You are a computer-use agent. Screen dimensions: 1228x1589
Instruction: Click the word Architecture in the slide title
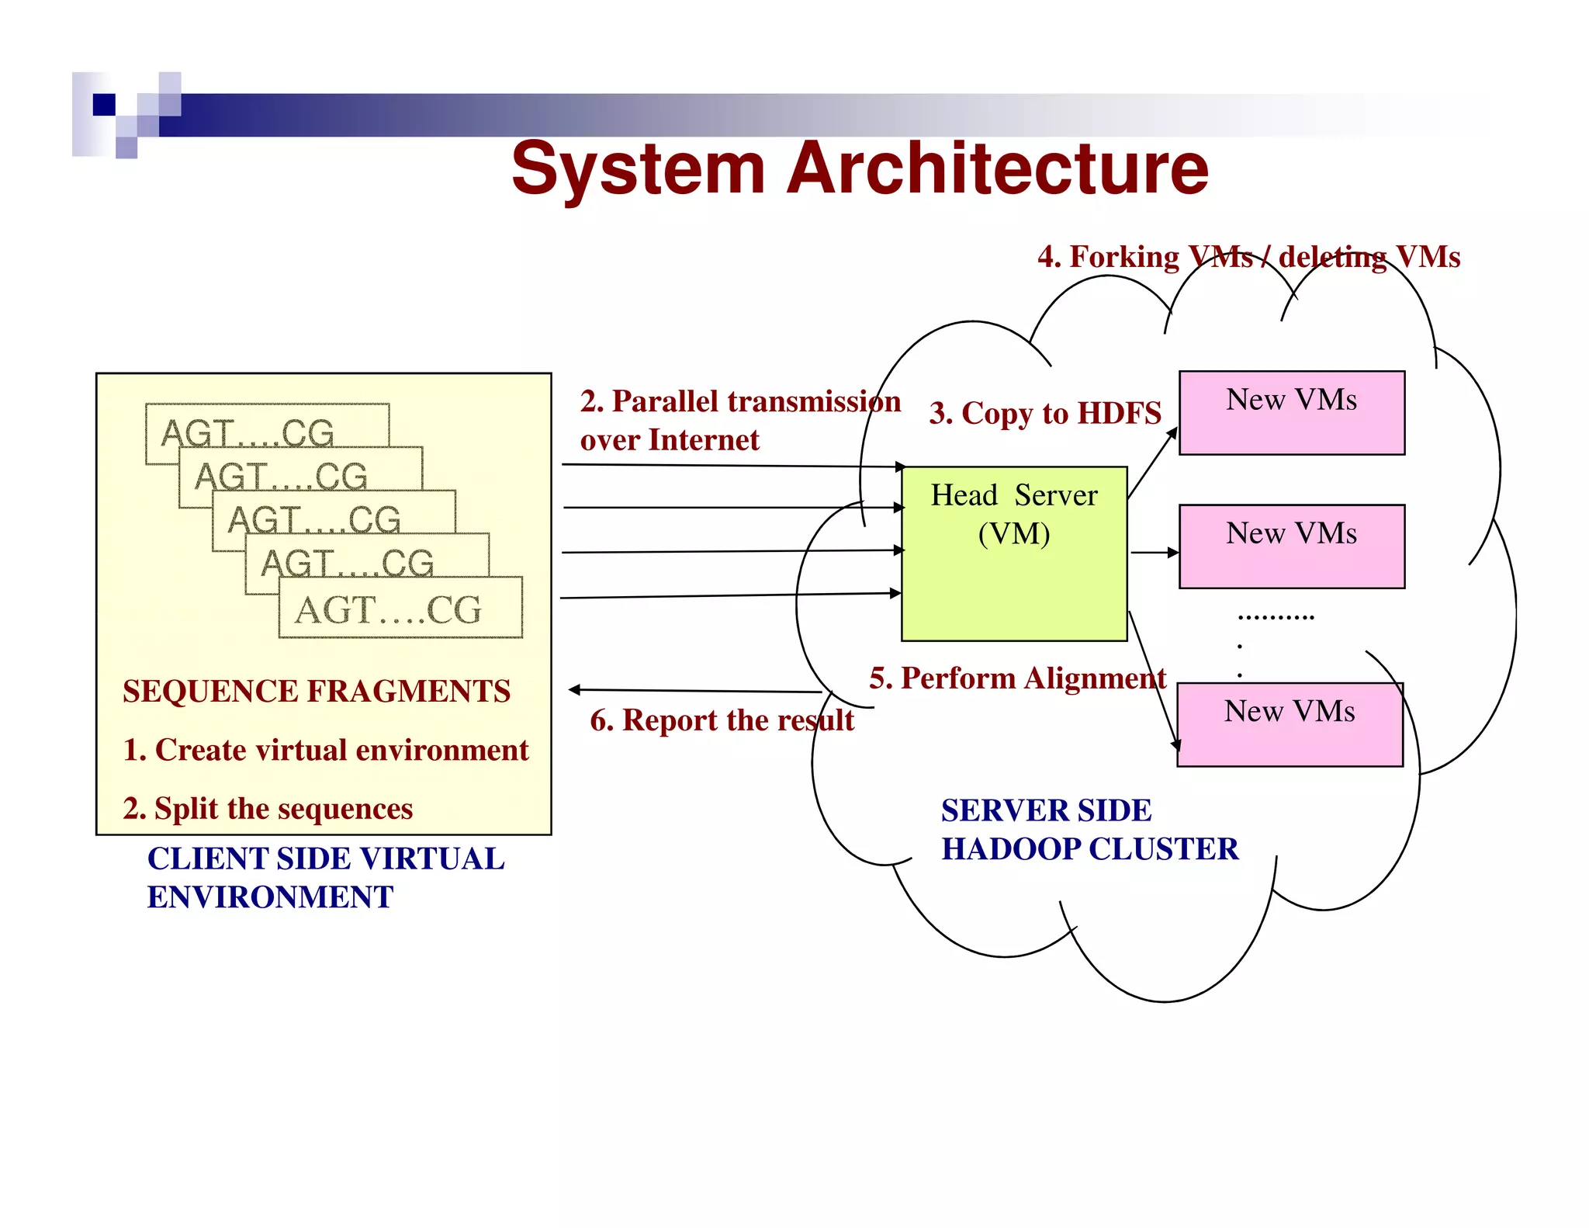[x=997, y=168]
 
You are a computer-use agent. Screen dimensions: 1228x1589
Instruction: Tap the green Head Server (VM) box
[x=1013, y=574]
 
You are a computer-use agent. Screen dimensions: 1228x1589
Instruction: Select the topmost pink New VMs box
[x=1291, y=413]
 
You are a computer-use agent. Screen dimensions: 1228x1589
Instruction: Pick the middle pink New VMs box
[x=1291, y=546]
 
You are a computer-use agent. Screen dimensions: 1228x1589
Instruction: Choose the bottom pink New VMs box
[x=1290, y=724]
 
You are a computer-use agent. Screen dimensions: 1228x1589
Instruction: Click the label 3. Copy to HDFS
[x=1044, y=413]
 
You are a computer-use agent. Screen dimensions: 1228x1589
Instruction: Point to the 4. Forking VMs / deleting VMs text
[x=1248, y=257]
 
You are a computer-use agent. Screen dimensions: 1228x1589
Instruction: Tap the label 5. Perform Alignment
[x=1017, y=678]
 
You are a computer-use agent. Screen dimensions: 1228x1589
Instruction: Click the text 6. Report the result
[x=722, y=720]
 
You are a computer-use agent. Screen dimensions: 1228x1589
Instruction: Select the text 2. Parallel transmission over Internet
[x=739, y=420]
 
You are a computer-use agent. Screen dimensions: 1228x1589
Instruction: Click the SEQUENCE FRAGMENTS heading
[x=317, y=691]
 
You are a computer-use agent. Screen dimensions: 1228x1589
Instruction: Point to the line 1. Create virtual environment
[x=326, y=750]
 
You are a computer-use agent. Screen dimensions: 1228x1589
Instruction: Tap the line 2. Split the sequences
[x=268, y=809]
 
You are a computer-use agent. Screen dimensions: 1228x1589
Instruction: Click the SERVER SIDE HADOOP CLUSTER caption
[x=1089, y=830]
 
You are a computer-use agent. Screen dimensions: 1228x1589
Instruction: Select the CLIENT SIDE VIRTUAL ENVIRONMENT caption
[x=326, y=878]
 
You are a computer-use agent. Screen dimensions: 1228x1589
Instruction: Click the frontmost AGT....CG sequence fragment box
[x=400, y=609]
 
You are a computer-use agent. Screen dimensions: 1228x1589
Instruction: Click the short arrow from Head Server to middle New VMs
[x=1154, y=553]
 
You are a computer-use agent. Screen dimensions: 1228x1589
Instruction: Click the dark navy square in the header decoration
[x=104, y=104]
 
